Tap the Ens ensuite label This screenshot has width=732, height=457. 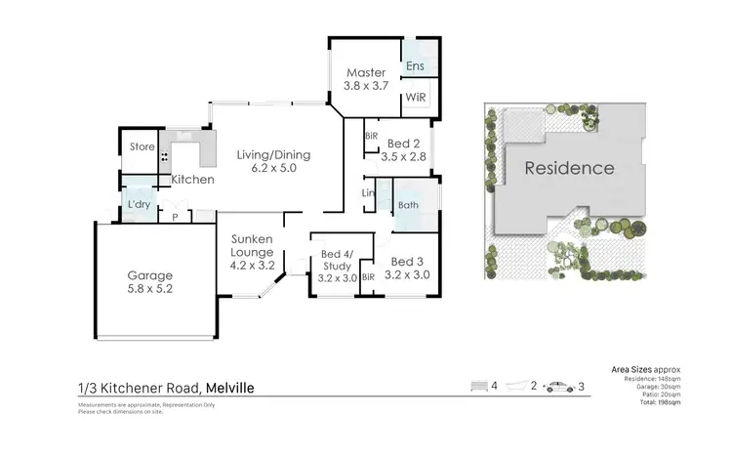coord(415,66)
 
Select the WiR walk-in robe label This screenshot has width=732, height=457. coord(415,98)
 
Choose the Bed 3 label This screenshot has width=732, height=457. coord(407,262)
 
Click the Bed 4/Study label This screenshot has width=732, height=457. coord(337,260)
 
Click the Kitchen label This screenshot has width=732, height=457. coord(192,181)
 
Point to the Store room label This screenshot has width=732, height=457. coord(142,147)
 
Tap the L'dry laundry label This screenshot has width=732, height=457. coord(136,203)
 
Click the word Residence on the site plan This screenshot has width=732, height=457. coord(570,168)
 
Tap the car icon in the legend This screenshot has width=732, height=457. coord(560,387)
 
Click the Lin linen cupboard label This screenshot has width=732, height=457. coord(368,193)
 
